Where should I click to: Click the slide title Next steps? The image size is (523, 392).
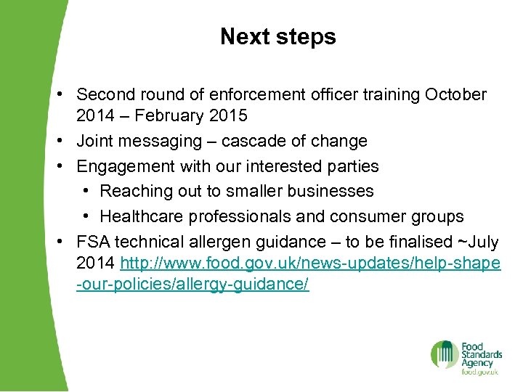(x=278, y=36)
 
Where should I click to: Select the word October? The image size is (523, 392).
(x=456, y=95)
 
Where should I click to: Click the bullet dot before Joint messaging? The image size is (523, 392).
(x=65, y=141)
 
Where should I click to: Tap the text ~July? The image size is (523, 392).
(x=476, y=241)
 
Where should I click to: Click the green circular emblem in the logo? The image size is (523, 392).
(x=444, y=354)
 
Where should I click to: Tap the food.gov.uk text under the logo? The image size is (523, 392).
(x=479, y=372)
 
